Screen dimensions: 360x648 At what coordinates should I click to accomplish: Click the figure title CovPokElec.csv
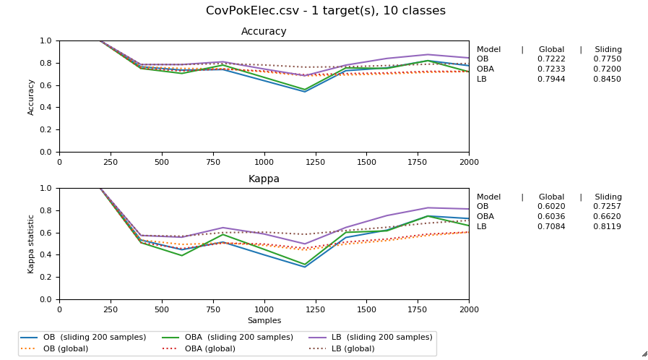(x=325, y=11)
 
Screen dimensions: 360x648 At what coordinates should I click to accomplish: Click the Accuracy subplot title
(x=264, y=32)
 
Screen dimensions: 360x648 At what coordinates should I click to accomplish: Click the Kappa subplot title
(x=264, y=179)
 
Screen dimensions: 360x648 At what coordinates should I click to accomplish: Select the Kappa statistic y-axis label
(x=31, y=244)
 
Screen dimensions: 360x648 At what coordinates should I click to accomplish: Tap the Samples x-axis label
(x=264, y=320)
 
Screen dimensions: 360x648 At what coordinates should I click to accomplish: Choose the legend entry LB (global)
(x=353, y=348)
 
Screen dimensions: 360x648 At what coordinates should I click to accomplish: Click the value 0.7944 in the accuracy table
(x=551, y=79)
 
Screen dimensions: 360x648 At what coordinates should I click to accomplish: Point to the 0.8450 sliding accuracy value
(x=607, y=79)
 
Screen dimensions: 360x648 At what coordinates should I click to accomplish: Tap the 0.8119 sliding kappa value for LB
(x=607, y=226)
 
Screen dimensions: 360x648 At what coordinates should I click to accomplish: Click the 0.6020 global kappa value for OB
(x=551, y=207)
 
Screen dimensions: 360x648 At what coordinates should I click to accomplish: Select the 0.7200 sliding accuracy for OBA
(x=607, y=69)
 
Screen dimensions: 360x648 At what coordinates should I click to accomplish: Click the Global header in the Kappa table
(x=551, y=197)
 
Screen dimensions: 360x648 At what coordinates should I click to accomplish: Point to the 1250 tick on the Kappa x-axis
(x=315, y=309)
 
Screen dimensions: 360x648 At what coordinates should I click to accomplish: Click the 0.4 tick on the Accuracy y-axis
(x=47, y=108)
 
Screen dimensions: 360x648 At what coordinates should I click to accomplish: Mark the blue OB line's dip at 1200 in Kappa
(x=305, y=267)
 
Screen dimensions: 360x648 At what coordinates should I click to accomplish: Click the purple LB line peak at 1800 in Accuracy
(x=428, y=55)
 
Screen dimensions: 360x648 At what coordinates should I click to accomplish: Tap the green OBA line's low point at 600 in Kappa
(x=182, y=255)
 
